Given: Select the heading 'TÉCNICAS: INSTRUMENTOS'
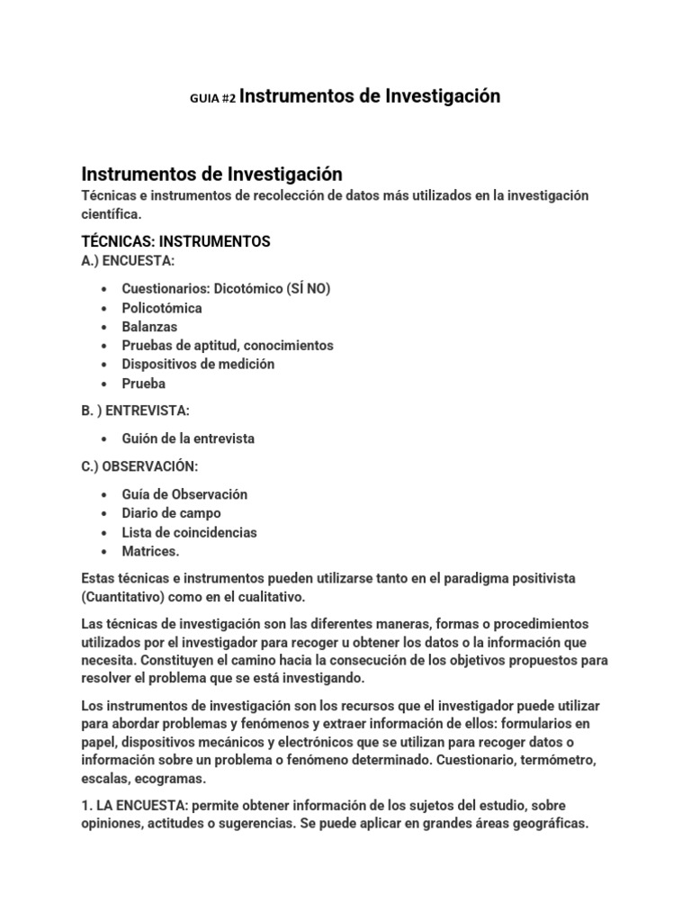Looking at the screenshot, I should [175, 241].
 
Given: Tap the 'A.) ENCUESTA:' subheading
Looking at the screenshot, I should [128, 260].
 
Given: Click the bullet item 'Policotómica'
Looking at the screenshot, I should [162, 308].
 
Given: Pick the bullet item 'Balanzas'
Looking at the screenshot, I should [149, 327].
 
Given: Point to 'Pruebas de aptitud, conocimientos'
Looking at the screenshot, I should [228, 345].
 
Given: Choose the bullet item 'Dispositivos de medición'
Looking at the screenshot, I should [198, 364].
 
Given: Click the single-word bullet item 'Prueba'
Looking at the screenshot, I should [144, 383].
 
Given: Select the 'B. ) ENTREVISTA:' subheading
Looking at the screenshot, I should [136, 411].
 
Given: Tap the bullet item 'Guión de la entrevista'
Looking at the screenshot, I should [188, 438].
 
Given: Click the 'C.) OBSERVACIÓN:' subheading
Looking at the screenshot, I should [139, 466].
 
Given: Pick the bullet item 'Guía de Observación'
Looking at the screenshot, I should [184, 494].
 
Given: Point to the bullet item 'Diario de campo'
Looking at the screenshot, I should [171, 513].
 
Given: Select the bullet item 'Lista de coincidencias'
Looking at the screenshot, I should [189, 532].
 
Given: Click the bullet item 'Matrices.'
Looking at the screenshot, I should [150, 551].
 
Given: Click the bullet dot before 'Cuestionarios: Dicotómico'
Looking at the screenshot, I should [105, 289].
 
